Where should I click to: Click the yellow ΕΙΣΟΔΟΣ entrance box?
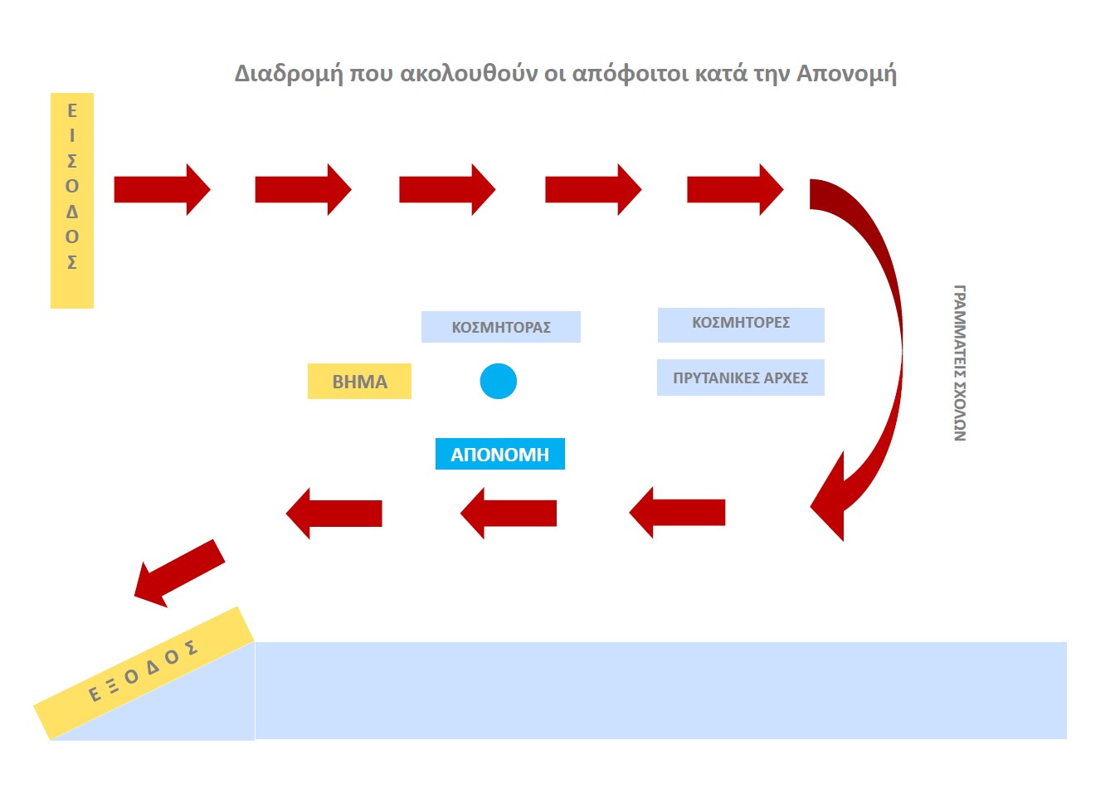point(72,200)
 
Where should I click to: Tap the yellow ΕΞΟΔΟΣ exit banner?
point(144,672)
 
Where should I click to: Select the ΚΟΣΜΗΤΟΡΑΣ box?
point(500,327)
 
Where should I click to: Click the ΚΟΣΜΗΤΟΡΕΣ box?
point(741,324)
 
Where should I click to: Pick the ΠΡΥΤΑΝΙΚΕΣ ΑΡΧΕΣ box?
point(740,378)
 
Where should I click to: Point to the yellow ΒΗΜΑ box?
point(359,382)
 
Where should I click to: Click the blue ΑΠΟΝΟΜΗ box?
point(499,454)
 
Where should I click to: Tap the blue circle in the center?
point(499,382)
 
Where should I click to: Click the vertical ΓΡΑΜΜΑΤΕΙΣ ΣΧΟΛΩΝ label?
point(959,363)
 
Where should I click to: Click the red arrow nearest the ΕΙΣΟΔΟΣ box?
point(162,190)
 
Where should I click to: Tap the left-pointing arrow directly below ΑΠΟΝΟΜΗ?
point(509,513)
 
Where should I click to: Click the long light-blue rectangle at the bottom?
point(660,690)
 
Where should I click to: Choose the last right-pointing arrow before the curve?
point(734,190)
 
